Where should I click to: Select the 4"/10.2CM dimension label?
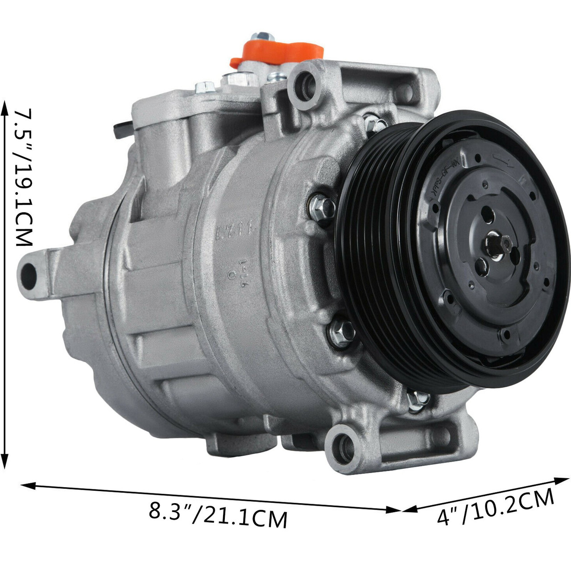[x=495, y=506]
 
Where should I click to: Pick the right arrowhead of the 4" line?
[x=563, y=480]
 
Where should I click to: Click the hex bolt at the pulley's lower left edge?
[x=418, y=398]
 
